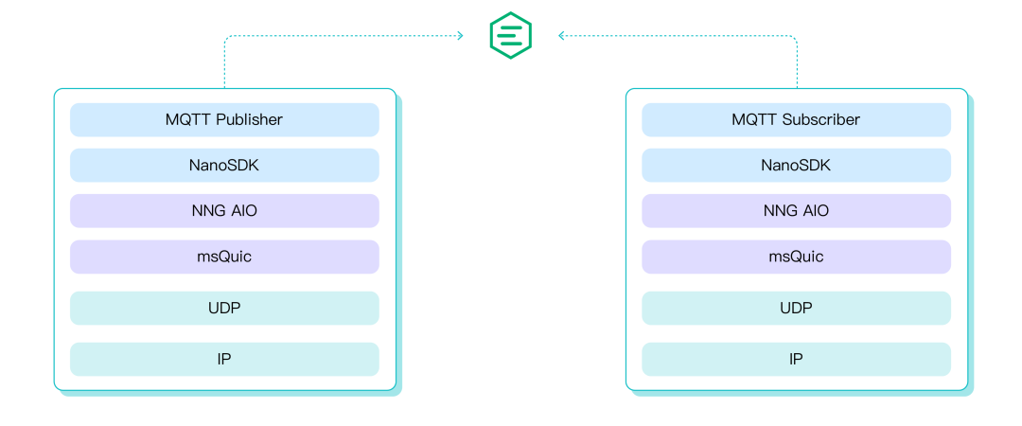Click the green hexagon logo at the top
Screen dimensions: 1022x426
510,36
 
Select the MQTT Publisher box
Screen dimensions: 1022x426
224,120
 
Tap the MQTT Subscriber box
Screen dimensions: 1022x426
796,120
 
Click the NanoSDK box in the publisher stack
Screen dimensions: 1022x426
224,166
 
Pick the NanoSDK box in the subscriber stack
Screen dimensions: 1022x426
796,166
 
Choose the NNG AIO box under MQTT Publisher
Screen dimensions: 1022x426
224,211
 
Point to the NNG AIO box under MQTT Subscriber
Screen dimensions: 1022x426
796,211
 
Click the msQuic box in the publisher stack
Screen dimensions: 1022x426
224,257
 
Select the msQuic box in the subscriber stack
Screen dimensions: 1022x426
796,257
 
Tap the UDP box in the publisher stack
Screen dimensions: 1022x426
224,308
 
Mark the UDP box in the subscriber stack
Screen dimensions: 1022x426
796,308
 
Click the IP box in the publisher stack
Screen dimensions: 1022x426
224,359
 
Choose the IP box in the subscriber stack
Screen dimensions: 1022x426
796,359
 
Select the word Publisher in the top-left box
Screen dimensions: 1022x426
249,120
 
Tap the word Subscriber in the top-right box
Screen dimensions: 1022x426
821,120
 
